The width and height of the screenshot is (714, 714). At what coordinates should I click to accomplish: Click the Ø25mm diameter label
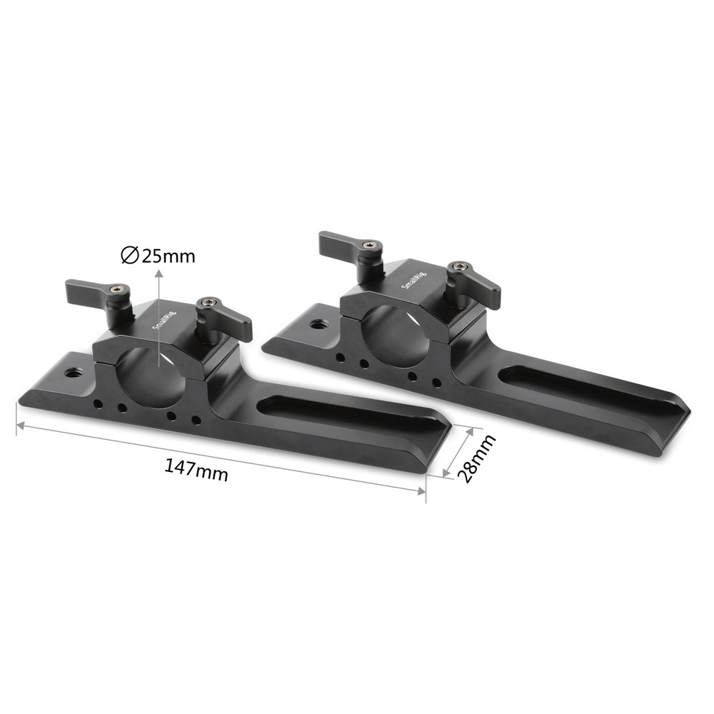point(158,256)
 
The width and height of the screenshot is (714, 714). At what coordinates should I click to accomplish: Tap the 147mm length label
point(196,471)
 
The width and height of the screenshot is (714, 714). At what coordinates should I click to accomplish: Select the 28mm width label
point(476,458)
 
